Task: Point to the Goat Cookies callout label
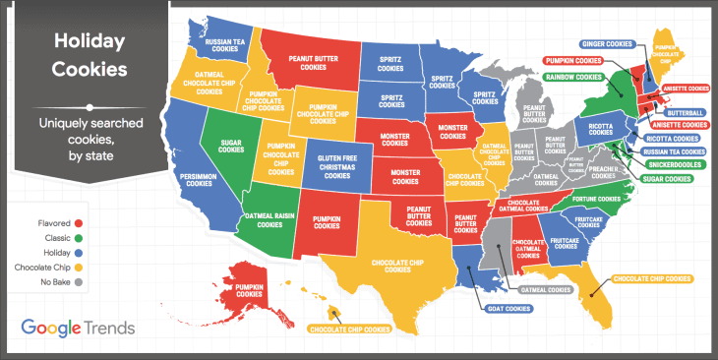(x=509, y=308)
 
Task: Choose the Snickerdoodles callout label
(x=676, y=164)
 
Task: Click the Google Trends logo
(x=78, y=328)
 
